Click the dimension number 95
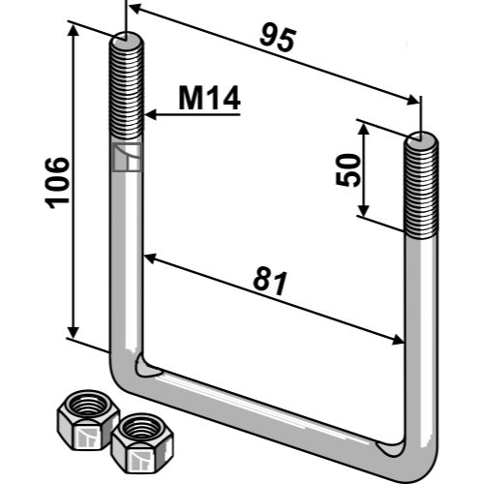pyautogui.click(x=278, y=40)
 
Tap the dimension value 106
pyautogui.click(x=57, y=183)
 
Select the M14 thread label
pyautogui.click(x=209, y=99)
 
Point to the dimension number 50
pyautogui.click(x=348, y=170)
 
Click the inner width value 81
pyautogui.click(x=270, y=283)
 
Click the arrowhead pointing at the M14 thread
pyautogui.click(x=151, y=114)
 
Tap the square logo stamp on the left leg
pyautogui.click(x=127, y=157)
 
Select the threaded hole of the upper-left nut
pyautogui.click(x=88, y=405)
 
